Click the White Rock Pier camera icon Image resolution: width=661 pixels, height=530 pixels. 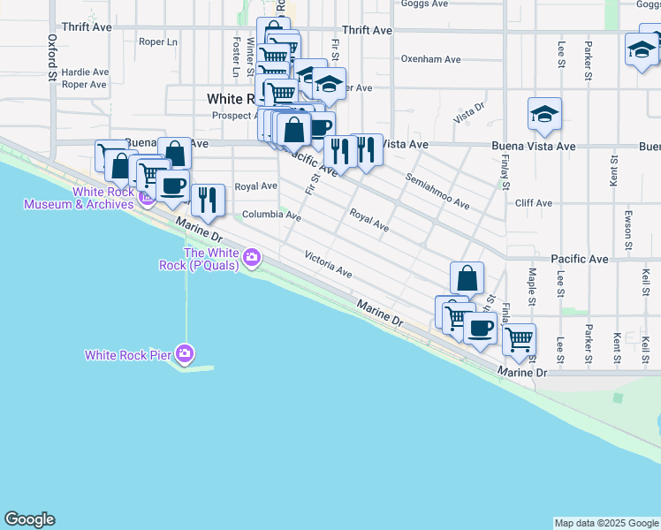[185, 355]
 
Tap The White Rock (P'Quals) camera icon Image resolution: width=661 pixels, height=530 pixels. [253, 258]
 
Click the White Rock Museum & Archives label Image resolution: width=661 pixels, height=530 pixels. [79, 198]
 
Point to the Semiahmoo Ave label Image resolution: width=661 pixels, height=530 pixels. [437, 190]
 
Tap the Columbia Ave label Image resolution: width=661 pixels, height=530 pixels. [271, 215]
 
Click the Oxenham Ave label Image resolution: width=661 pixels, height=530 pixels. [430, 60]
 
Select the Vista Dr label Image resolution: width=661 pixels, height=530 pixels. [469, 113]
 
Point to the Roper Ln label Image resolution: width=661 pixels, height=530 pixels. [158, 42]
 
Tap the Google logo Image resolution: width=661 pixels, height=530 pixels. [29, 519]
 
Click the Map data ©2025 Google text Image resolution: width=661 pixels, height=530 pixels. [605, 523]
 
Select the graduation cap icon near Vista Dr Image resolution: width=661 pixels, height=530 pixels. [544, 115]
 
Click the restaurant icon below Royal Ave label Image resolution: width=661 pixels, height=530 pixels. [207, 199]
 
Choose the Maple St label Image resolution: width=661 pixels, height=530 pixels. [532, 284]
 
